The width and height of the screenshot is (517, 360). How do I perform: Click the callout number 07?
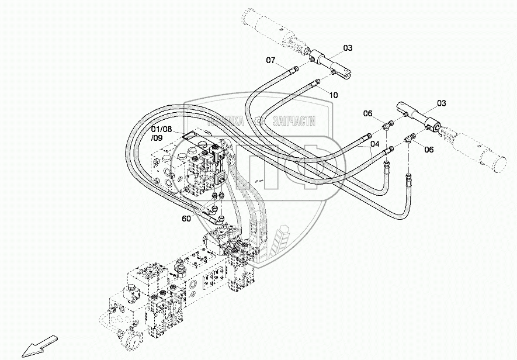[270, 60]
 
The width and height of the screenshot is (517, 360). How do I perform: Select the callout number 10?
[333, 95]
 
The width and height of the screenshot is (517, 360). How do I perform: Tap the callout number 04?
[374, 144]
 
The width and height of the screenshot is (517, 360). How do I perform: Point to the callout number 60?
[186, 219]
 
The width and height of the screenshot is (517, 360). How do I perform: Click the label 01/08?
[161, 129]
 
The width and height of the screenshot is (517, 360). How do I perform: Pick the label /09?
[157, 138]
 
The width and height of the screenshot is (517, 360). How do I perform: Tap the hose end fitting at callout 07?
[294, 70]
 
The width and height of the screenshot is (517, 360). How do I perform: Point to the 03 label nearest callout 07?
[348, 47]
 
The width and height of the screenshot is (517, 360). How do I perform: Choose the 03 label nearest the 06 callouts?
[441, 103]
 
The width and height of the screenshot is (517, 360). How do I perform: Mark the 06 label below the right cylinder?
[429, 149]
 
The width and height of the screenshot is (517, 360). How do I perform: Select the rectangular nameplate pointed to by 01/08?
[190, 136]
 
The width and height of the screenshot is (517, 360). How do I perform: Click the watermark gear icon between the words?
[259, 121]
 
